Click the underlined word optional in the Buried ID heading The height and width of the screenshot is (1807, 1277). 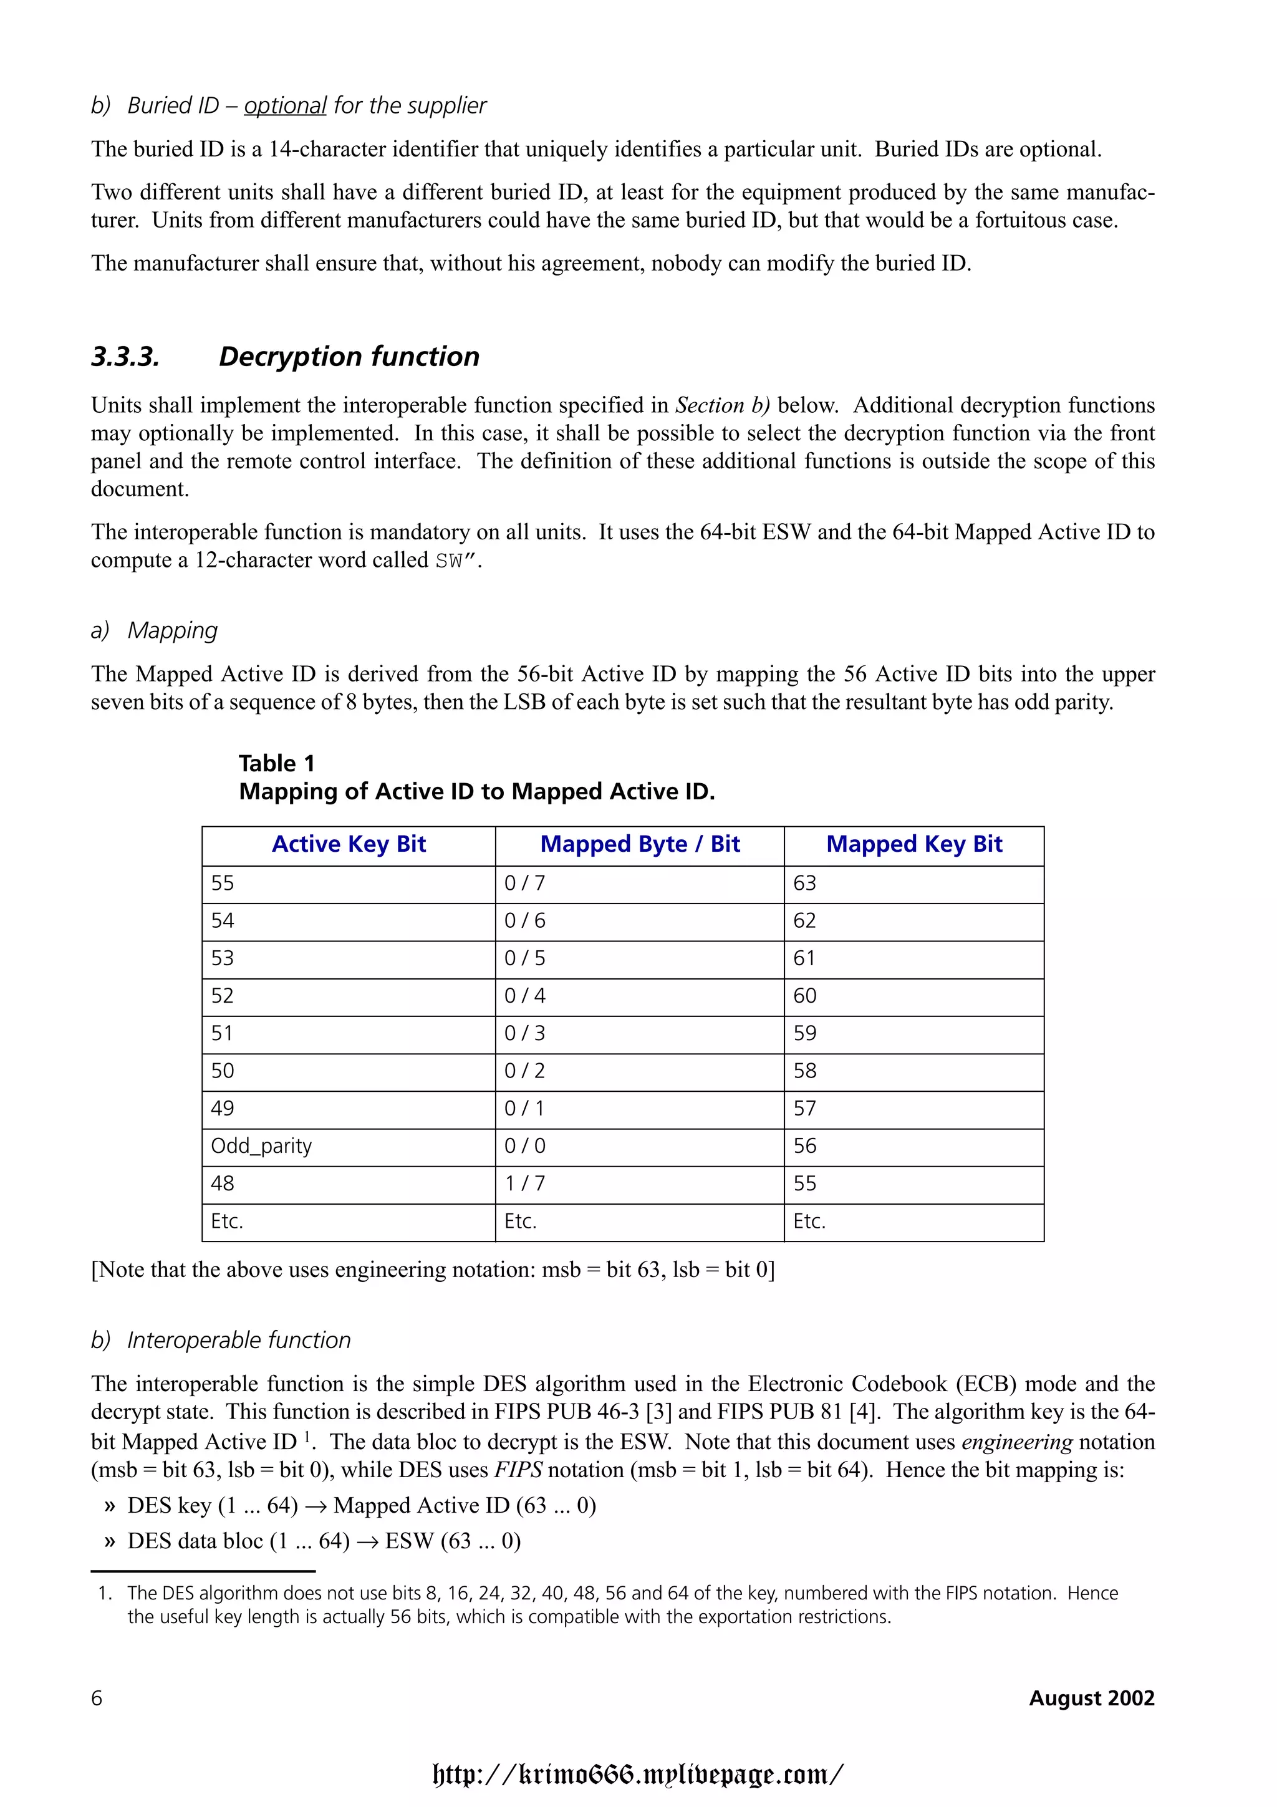(x=285, y=105)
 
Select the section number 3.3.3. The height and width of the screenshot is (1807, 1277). (x=126, y=357)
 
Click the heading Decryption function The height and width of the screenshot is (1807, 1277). (x=349, y=357)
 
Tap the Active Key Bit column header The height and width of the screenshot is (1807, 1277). (x=349, y=844)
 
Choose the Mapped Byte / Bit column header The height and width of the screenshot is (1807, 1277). (x=640, y=844)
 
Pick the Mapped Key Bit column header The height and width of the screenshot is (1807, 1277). (x=913, y=844)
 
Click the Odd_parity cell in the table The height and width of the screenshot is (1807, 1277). (x=261, y=1146)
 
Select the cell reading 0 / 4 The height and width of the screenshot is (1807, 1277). (x=525, y=996)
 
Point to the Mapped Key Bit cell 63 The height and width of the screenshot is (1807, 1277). (x=804, y=883)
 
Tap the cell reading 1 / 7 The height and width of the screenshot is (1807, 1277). (x=525, y=1183)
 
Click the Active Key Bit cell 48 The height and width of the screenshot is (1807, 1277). (x=223, y=1183)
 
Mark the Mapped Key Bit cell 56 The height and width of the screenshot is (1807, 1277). (x=804, y=1146)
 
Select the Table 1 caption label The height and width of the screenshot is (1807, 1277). (x=276, y=763)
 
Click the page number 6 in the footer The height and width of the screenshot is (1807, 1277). (x=97, y=1698)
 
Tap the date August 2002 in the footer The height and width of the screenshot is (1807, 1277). (x=1091, y=1698)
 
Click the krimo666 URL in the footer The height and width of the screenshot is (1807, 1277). (x=638, y=1774)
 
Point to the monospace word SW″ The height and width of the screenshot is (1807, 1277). (x=456, y=561)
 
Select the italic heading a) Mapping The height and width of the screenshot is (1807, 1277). (x=154, y=630)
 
